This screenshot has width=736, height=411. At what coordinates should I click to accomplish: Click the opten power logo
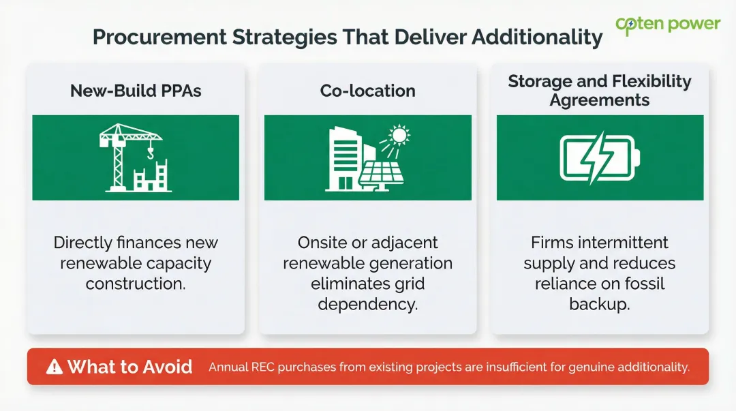click(x=667, y=25)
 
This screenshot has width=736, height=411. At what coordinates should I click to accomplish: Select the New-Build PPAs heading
click(x=136, y=91)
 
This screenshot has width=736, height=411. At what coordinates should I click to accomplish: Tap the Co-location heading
click(x=367, y=91)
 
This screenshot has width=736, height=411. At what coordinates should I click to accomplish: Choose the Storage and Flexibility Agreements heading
click(x=600, y=91)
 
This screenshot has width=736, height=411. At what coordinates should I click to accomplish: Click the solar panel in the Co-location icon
click(x=382, y=174)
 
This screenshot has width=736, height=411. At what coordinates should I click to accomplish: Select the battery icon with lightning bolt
click(x=600, y=157)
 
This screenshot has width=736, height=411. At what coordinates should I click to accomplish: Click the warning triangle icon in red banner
click(x=54, y=367)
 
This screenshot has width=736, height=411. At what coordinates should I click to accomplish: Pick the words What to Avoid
click(x=129, y=367)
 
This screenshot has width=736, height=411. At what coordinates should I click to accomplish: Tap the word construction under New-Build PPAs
click(x=136, y=284)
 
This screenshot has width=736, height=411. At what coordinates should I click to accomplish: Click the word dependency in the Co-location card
click(x=367, y=304)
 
